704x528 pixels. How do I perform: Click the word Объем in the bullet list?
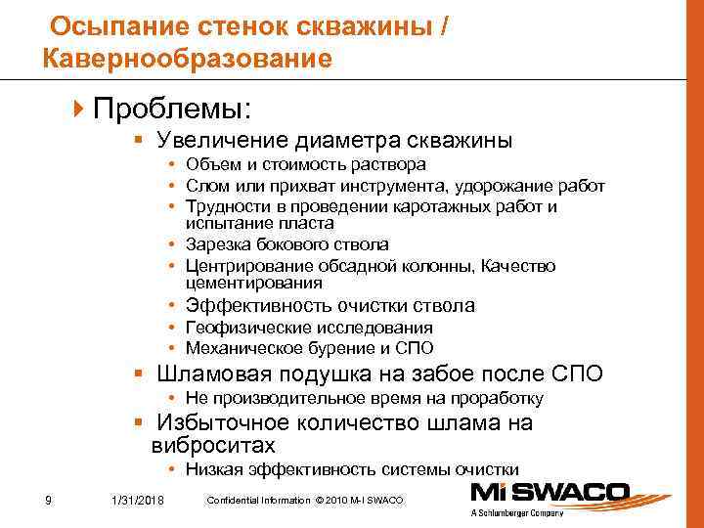(x=208, y=164)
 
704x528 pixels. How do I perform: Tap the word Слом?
(x=204, y=186)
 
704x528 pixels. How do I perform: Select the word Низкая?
(x=211, y=469)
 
